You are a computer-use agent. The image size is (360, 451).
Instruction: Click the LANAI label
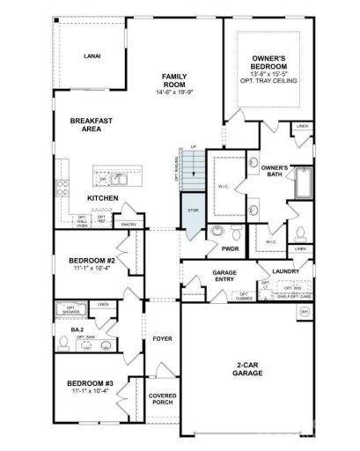pos(92,55)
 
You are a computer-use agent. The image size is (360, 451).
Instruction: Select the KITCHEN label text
pos(103,198)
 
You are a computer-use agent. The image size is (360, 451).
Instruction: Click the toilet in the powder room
pos(217,233)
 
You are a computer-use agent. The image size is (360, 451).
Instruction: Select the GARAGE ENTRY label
pos(225,277)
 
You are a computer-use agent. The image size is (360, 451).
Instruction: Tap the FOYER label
pos(163,337)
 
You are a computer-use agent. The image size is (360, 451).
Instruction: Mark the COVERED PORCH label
pos(163,399)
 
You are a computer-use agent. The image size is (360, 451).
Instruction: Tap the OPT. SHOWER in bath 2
pos(70,310)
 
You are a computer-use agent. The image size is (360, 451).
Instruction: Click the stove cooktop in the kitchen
pos(62,187)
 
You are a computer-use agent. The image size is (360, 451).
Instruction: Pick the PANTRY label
pos(129,225)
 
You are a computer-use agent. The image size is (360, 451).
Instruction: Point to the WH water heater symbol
pos(305,312)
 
